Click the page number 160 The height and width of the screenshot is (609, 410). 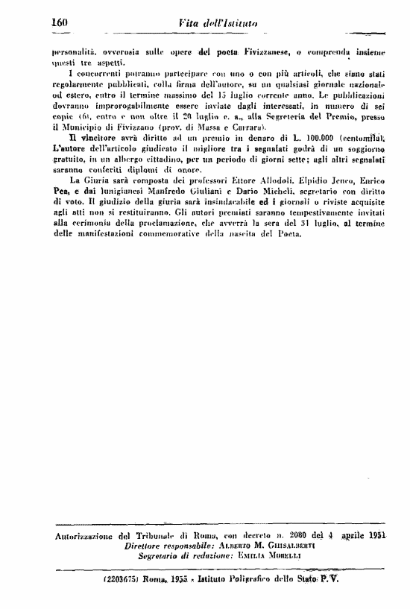59,23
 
